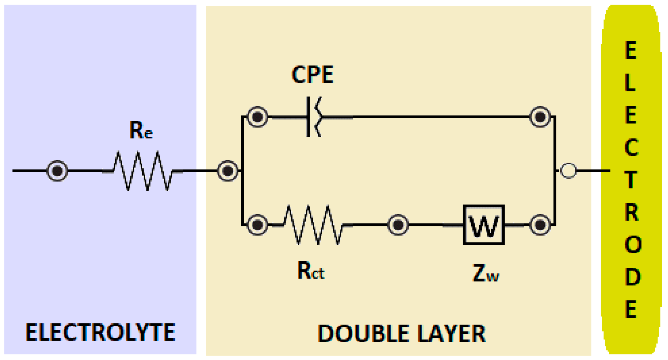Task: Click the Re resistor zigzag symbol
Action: tap(143, 171)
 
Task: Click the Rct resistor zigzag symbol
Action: tap(313, 225)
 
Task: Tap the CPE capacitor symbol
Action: tap(313, 117)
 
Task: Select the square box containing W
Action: tap(484, 225)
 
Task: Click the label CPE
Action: tap(312, 75)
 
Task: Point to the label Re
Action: tap(141, 130)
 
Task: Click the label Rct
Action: tap(311, 271)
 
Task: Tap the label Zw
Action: tap(486, 273)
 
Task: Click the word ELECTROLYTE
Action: tap(100, 332)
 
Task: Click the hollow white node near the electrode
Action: tap(568, 171)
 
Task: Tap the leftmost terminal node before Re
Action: tap(57, 171)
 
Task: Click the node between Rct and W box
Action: tap(398, 225)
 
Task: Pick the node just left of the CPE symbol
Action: tap(257, 117)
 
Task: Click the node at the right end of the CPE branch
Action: tap(540, 117)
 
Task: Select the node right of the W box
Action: tap(540, 225)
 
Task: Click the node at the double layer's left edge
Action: tap(228, 171)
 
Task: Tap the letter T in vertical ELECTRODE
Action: tap(631, 180)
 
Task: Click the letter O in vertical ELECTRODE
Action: tap(632, 245)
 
